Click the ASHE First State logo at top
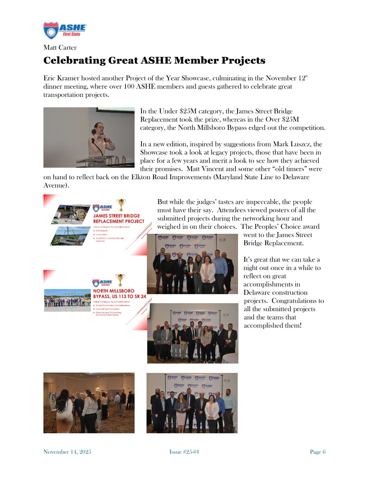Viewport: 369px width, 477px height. click(x=65, y=30)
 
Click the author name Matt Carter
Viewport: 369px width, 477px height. click(x=60, y=48)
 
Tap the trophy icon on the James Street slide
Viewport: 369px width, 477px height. click(x=121, y=205)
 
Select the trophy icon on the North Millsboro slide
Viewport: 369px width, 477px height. click(x=120, y=279)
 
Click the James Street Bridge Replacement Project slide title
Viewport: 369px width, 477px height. click(x=118, y=219)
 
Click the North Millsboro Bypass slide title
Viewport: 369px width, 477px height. click(x=119, y=293)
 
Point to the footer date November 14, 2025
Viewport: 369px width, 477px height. click(x=67, y=452)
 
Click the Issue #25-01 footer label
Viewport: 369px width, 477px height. click(x=184, y=452)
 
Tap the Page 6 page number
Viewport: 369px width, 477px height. click(x=318, y=452)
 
